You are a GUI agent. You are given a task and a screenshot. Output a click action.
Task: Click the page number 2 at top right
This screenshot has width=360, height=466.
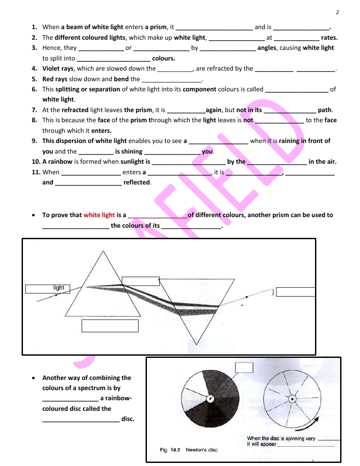337,12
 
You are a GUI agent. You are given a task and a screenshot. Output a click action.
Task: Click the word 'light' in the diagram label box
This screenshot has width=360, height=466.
59,288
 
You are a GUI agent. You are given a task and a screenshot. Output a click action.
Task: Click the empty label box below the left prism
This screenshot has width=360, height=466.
110,326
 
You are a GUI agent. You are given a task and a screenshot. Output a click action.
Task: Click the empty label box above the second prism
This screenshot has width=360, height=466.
140,281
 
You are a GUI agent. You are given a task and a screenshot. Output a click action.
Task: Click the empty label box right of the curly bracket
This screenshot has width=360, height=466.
296,292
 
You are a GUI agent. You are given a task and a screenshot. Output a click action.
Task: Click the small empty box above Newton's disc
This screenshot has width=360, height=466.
244,367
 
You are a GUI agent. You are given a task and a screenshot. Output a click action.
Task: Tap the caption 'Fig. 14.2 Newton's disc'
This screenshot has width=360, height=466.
188,450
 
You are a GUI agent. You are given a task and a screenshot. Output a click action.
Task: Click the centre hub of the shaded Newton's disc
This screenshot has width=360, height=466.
211,399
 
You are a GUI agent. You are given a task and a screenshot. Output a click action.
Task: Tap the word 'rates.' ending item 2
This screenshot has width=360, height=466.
329,38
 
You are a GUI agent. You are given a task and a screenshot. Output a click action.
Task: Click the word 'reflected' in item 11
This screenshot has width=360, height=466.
137,182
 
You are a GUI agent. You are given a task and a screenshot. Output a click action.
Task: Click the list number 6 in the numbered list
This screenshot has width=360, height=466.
34,89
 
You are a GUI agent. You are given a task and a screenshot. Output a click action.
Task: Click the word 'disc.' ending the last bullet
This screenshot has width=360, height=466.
127,419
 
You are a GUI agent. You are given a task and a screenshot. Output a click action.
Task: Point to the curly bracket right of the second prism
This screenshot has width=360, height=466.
273,292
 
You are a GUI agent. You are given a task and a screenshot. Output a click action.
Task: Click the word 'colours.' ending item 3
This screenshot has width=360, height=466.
163,58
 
